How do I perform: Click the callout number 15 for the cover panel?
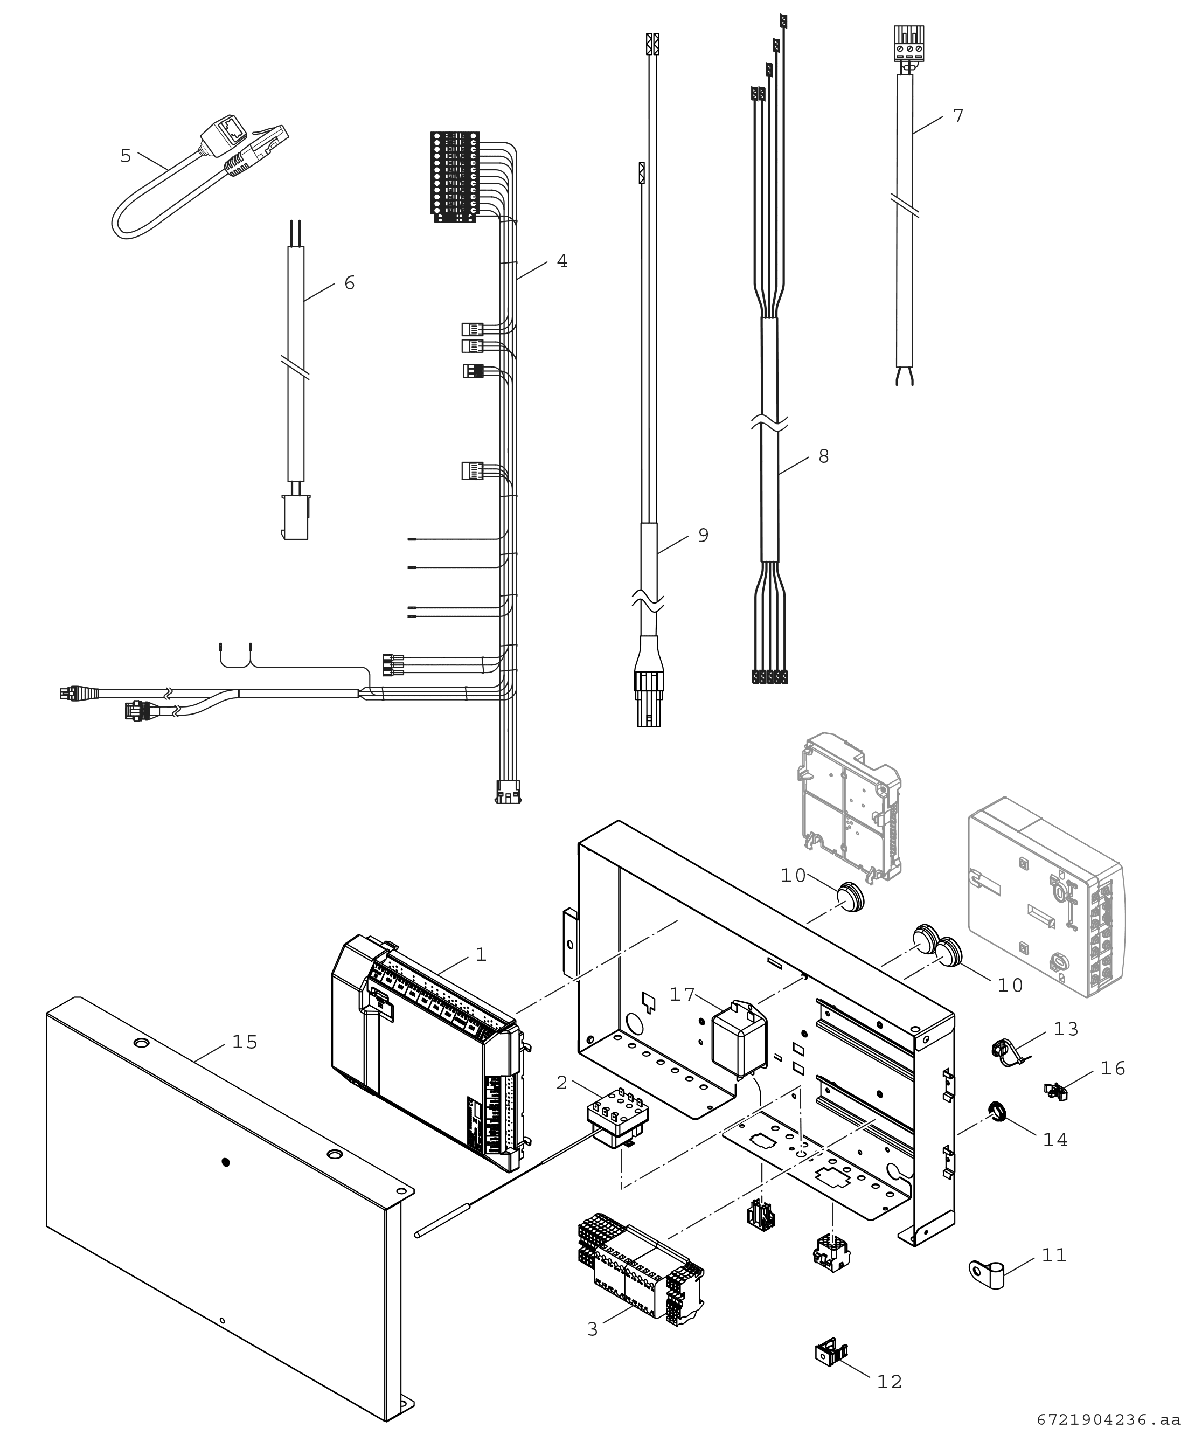click(x=245, y=1042)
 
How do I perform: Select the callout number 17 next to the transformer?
click(x=682, y=995)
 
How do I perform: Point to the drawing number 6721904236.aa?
click(x=1108, y=1419)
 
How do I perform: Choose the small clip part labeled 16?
click(x=1055, y=1091)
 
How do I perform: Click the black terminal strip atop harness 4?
click(x=454, y=176)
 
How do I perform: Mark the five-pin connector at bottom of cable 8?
click(x=769, y=677)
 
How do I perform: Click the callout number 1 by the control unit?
click(x=481, y=955)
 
